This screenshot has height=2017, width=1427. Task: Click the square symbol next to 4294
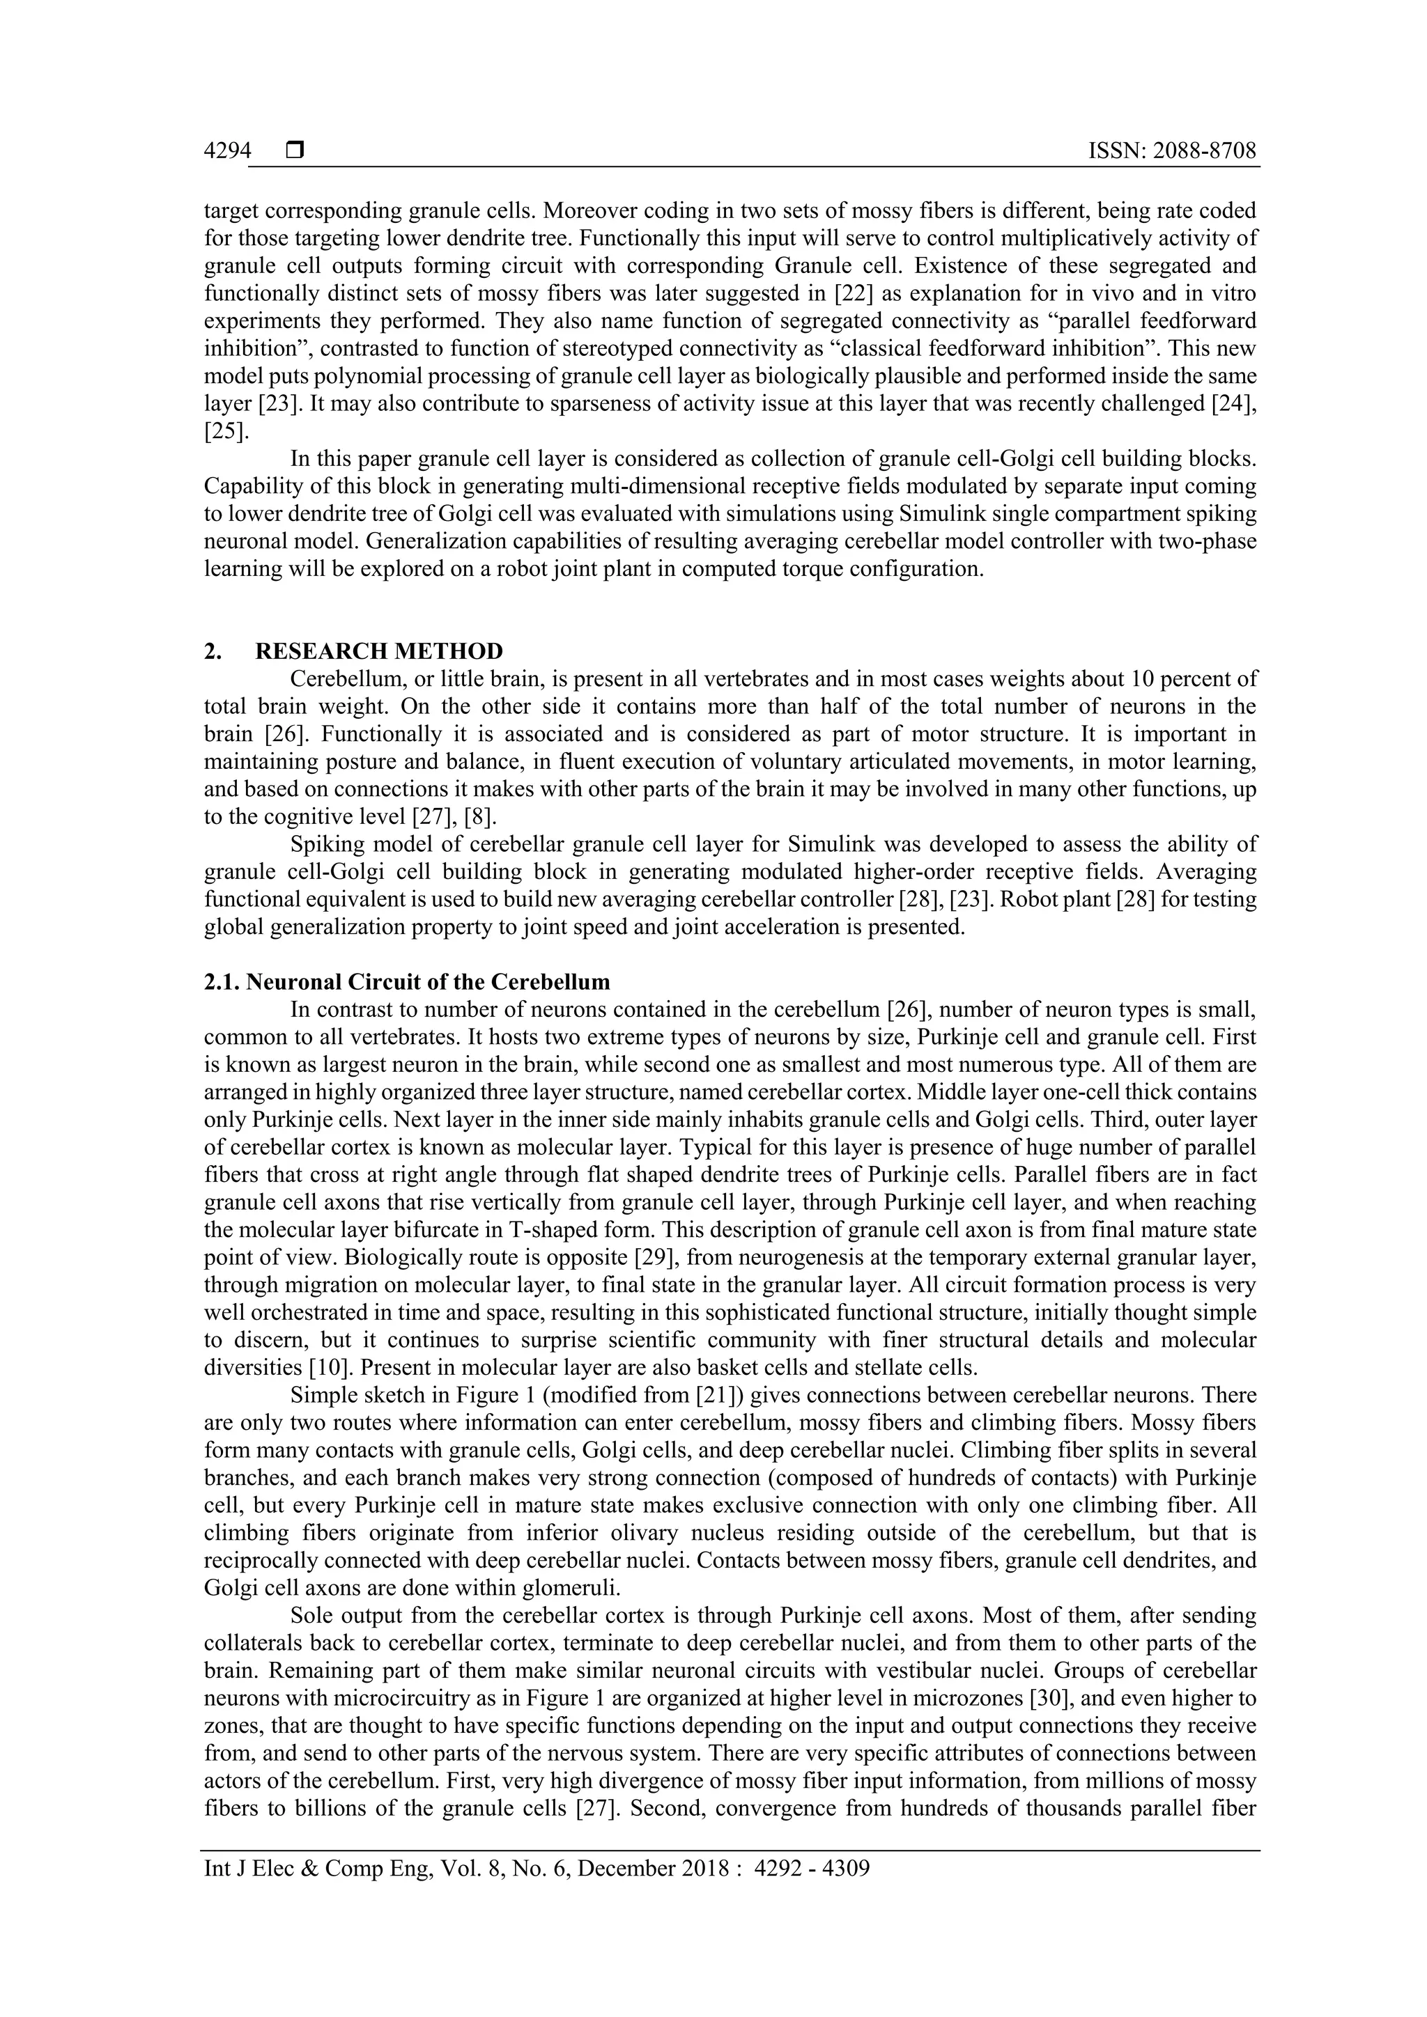click(294, 151)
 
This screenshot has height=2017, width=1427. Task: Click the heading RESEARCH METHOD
click(379, 651)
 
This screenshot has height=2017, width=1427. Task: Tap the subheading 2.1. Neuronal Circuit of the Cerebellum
click(407, 981)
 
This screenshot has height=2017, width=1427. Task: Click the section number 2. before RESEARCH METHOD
click(212, 651)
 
